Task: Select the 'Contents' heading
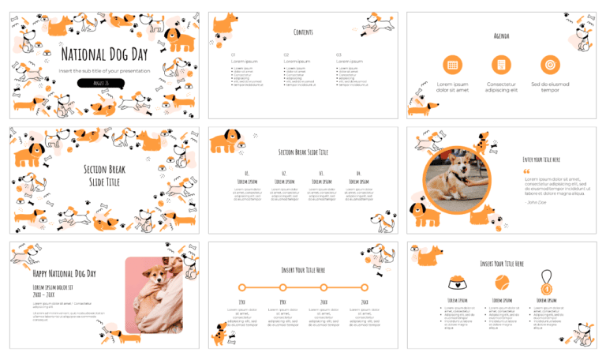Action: click(x=303, y=32)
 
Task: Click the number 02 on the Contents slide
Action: click(x=286, y=54)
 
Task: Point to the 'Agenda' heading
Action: click(x=501, y=36)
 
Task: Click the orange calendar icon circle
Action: click(x=452, y=66)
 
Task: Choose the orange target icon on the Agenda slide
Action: click(x=550, y=66)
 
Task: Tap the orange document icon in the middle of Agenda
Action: click(x=501, y=66)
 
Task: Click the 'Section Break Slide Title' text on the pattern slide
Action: click(x=104, y=175)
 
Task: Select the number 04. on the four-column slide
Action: click(x=357, y=173)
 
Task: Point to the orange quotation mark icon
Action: click(x=526, y=171)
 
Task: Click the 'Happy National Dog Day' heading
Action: click(x=64, y=273)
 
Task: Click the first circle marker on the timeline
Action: click(x=242, y=287)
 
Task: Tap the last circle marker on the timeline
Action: click(x=364, y=287)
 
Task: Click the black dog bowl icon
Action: click(x=457, y=281)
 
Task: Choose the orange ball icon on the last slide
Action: click(x=501, y=281)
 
